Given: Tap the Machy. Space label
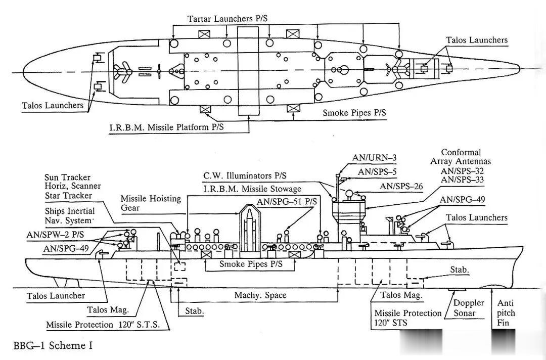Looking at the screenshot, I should [x=260, y=295].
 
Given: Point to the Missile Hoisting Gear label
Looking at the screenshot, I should [x=151, y=203].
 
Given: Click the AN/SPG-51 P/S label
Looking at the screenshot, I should [x=287, y=201].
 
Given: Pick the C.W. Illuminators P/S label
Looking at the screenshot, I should [x=245, y=176].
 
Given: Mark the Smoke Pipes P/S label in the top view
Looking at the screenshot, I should [x=354, y=113].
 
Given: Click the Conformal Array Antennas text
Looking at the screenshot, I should [x=461, y=157].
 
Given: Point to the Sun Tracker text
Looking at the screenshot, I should [x=67, y=177].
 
